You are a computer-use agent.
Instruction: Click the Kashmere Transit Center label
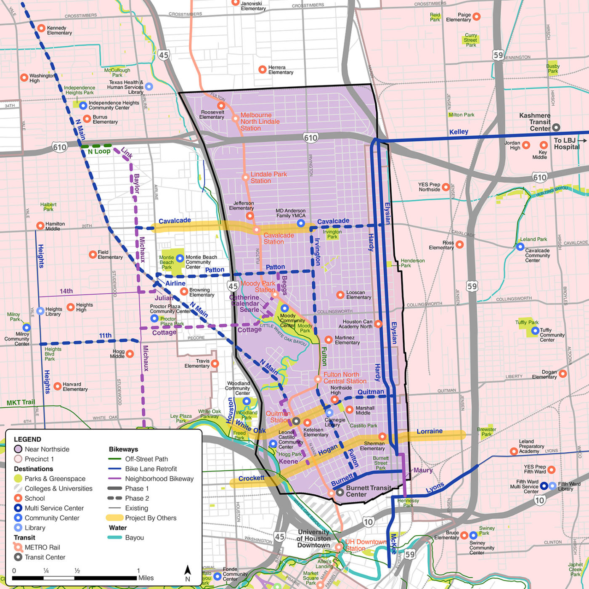point(535,122)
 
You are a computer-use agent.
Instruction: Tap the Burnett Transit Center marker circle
point(340,491)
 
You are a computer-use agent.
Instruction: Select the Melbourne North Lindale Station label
point(260,121)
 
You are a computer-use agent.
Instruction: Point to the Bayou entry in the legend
point(134,538)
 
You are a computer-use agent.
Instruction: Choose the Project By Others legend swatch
point(114,518)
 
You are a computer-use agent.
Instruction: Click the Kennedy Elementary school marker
point(41,28)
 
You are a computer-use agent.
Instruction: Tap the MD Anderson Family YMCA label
point(291,213)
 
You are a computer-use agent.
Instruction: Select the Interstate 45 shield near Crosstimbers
point(164,55)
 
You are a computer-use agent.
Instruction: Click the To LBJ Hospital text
point(566,143)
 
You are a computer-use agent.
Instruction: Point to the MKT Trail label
point(21,402)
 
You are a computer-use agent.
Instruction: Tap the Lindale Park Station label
point(268,177)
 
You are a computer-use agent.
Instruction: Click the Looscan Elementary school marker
point(340,295)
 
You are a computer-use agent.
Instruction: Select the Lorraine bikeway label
point(430,431)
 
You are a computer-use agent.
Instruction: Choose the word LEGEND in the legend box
point(27,439)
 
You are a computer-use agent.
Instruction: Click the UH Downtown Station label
point(365,545)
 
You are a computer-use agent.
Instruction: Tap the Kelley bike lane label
point(459,132)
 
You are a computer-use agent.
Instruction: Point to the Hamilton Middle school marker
point(40,226)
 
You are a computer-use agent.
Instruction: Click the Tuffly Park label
point(527,322)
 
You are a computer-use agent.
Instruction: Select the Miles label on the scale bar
point(146,578)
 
